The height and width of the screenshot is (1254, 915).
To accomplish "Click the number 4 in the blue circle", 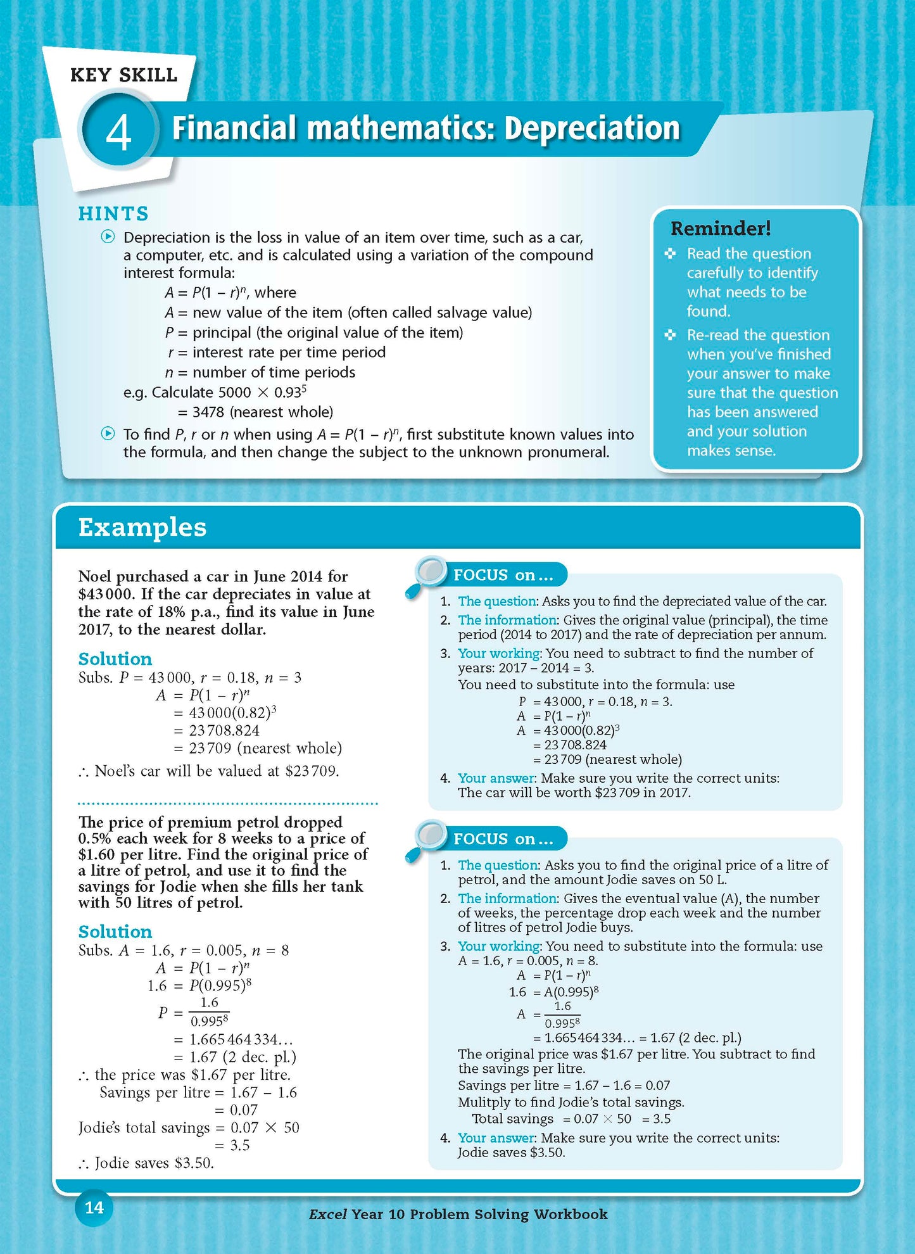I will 118,132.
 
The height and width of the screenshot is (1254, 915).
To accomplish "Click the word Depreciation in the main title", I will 592,129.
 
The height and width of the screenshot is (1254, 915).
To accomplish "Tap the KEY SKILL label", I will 123,75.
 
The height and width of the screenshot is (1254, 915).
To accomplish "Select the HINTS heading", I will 113,214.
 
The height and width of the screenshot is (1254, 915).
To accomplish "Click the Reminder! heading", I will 721,228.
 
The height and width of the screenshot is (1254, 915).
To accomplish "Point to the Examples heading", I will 142,528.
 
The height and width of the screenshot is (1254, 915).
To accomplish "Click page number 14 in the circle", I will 94,1208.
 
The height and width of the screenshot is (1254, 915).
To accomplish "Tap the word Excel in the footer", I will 327,1214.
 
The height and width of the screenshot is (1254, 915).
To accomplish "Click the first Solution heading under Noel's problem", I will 115,659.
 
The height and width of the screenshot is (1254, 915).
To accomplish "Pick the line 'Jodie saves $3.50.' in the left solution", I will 154,1163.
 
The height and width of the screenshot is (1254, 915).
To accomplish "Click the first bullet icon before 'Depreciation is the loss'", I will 108,237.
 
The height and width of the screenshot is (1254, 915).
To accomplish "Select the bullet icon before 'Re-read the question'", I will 670,335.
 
